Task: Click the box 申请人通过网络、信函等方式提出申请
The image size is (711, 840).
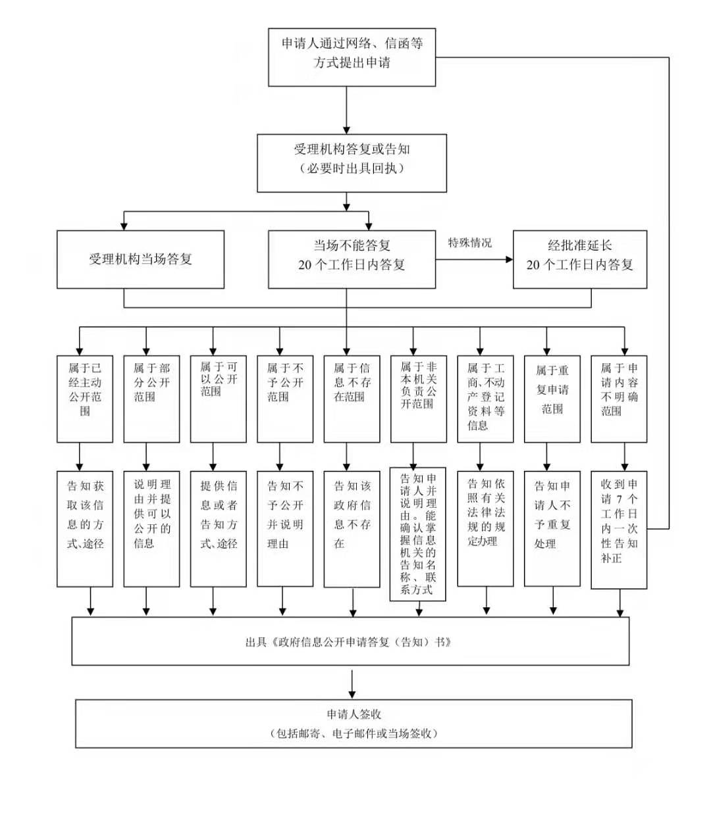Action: (352, 57)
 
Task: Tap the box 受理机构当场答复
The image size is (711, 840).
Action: (140, 259)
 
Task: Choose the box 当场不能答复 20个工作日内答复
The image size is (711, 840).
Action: (352, 259)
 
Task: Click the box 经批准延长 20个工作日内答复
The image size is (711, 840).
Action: (579, 259)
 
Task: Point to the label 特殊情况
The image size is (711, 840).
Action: (470, 243)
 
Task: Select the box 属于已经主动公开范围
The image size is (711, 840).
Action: (85, 399)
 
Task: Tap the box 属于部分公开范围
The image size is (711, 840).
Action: (151, 399)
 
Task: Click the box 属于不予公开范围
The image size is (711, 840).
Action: (285, 399)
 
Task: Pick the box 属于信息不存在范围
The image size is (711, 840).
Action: (352, 399)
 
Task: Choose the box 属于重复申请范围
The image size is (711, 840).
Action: (552, 399)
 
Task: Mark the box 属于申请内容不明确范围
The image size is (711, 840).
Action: (619, 399)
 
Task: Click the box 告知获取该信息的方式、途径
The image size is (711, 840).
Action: (85, 528)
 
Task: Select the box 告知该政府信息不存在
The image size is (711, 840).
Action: (352, 528)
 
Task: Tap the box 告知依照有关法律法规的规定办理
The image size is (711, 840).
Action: (485, 528)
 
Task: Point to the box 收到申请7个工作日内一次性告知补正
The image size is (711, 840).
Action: (619, 530)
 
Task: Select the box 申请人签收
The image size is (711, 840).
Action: (354, 724)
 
